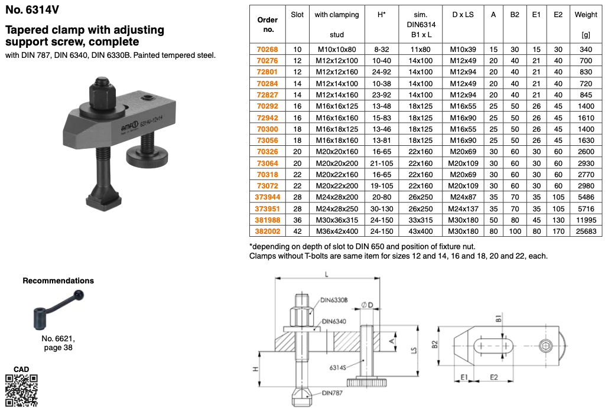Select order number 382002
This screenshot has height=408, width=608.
coord(268,231)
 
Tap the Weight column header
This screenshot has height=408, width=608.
coord(586,15)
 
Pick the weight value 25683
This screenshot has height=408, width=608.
coord(586,231)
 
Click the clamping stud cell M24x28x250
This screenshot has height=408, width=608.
coord(337,209)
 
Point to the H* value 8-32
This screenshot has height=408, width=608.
coord(381,50)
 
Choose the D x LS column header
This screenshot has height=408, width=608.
coord(463,15)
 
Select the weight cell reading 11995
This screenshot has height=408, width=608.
coord(586,220)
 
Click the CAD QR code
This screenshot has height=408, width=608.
coord(21,390)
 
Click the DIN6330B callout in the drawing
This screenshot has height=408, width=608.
coord(334,301)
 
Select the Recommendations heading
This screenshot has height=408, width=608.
coord(58,280)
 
